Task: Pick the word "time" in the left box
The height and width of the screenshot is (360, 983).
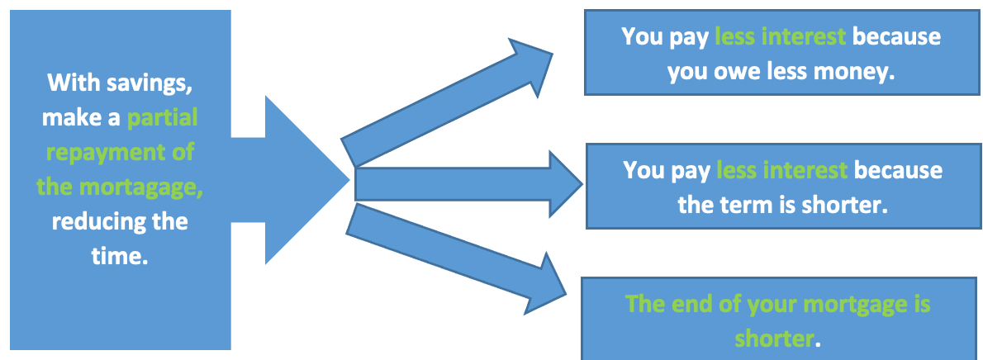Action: click(121, 257)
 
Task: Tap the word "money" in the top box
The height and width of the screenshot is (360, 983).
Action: click(854, 72)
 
